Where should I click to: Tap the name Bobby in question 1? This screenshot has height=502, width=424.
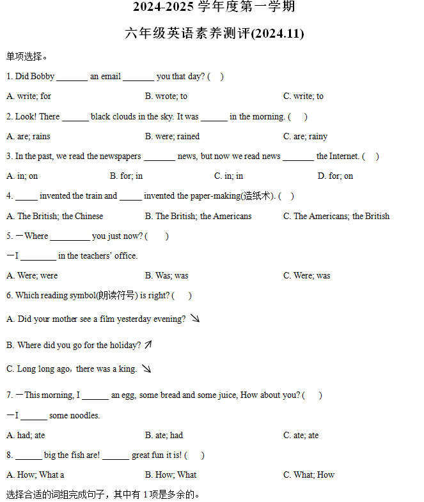(43, 77)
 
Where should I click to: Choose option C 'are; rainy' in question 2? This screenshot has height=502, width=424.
(305, 136)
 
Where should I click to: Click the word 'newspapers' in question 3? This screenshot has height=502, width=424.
(120, 156)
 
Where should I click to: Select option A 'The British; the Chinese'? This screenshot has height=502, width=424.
(55, 216)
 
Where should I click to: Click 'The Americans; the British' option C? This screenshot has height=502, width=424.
(336, 216)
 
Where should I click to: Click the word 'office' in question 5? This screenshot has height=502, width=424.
(125, 255)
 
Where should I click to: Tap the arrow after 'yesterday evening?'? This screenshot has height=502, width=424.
(195, 318)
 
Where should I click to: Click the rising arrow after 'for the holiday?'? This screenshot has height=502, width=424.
(148, 345)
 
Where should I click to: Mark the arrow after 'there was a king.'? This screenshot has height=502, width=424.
(146, 369)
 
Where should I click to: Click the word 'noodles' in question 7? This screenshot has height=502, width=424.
(84, 416)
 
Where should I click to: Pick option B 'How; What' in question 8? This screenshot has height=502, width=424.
(171, 475)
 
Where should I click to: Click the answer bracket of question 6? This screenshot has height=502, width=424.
(182, 296)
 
